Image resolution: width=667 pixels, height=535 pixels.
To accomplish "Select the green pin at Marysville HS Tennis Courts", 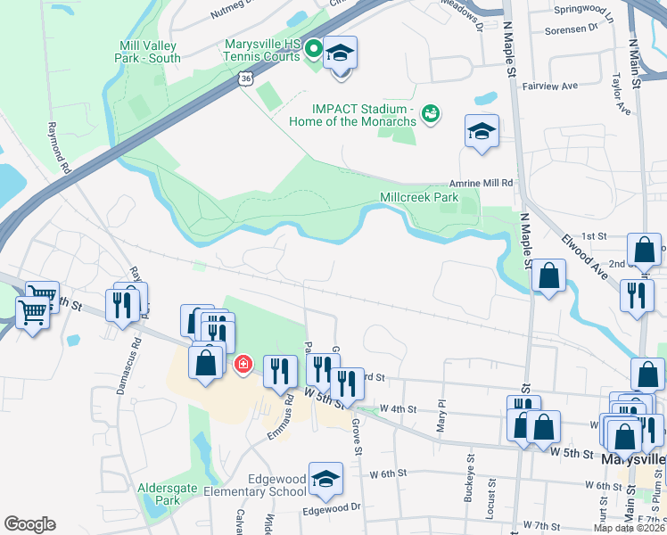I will [x=313, y=49].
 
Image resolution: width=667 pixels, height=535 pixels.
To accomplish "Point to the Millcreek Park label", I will [x=418, y=197].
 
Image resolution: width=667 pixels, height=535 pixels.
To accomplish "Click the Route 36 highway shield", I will [x=245, y=79].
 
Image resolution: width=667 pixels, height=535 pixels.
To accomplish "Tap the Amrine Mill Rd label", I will [x=482, y=183].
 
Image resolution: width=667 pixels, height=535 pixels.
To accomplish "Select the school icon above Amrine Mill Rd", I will [x=482, y=132].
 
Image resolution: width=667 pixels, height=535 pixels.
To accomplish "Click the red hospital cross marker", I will [x=242, y=365].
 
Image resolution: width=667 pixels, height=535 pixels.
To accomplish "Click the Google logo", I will [x=30, y=524].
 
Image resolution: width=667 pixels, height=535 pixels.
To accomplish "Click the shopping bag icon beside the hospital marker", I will [x=206, y=364].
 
